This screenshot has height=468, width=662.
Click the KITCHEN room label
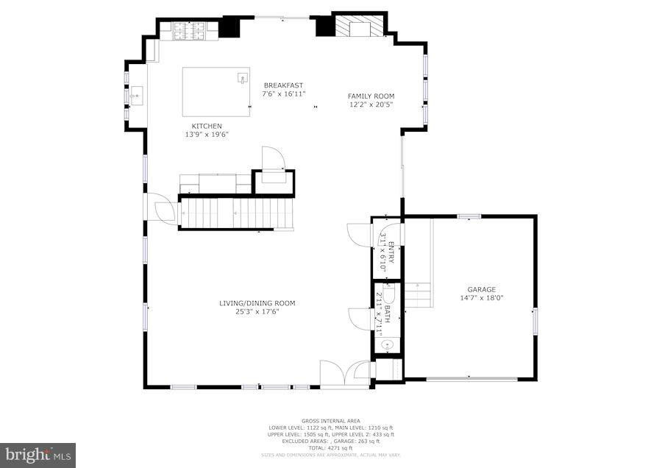pos(207,126)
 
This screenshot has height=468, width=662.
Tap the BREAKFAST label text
pos(284,85)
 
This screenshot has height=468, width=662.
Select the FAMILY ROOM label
pos(371,96)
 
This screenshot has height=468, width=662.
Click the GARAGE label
pos(482,289)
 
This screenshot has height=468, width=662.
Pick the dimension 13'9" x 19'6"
pos(207,135)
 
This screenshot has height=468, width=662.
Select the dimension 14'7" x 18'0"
pos(482,298)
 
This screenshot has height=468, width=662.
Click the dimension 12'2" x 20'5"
pos(371,104)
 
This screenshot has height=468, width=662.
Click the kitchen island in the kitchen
pos(216,91)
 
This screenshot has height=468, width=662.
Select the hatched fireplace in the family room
pos(360,27)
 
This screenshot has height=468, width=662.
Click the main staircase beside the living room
pos(235,213)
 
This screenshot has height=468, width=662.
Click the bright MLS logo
pos(38,455)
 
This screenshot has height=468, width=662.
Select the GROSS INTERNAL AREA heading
pos(331,421)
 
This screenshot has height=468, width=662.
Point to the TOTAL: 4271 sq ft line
pos(331,447)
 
